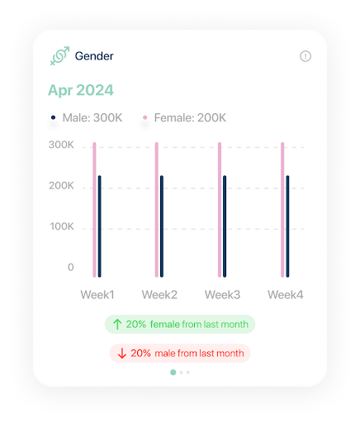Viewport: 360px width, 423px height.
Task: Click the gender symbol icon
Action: (x=59, y=56)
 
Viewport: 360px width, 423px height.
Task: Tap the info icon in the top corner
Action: (x=306, y=56)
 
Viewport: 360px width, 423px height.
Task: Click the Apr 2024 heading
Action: (x=80, y=90)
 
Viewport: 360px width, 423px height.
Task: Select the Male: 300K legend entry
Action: (x=87, y=118)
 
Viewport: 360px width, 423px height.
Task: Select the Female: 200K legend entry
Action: (x=184, y=118)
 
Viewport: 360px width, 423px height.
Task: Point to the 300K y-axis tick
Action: (x=60, y=145)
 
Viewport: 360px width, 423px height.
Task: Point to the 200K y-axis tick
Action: (x=60, y=186)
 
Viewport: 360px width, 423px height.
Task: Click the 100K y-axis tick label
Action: (x=60, y=226)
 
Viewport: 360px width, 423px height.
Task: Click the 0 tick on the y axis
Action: (x=70, y=267)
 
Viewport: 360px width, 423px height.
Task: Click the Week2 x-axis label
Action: (x=159, y=295)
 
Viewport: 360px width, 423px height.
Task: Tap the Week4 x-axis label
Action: (x=285, y=295)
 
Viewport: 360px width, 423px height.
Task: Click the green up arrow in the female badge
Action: (x=117, y=325)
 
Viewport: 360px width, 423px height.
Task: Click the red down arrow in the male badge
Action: (x=121, y=353)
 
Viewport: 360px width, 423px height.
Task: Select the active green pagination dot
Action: (x=173, y=373)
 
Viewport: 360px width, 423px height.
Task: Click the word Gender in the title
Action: (x=94, y=56)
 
